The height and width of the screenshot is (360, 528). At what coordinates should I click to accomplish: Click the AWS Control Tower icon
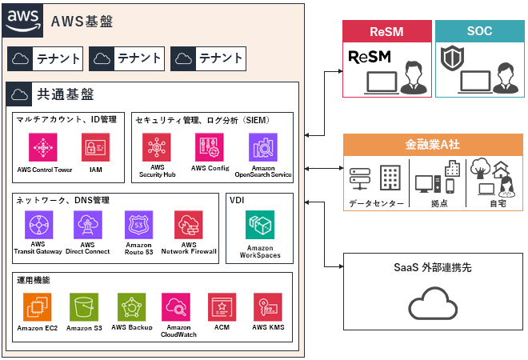coord(42,147)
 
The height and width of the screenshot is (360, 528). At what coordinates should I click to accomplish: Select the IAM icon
coord(96,147)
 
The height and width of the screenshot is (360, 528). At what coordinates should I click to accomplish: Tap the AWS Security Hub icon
coord(156,147)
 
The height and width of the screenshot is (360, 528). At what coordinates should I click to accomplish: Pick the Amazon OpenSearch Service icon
coord(263,147)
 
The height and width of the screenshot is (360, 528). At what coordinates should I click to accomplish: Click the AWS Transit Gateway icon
coord(38,225)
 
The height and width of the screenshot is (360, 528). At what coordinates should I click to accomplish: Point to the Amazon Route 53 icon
coord(138,225)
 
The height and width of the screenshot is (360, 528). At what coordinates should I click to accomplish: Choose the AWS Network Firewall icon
coord(189,225)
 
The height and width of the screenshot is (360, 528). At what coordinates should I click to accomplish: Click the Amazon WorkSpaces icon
coord(260,225)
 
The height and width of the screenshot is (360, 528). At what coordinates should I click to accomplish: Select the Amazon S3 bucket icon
coord(84,306)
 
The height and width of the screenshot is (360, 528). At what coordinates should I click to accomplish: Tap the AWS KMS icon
coord(268,306)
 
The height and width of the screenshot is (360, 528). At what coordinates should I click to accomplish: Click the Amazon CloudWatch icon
coord(176,306)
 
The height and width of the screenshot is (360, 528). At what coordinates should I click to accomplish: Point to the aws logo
coord(22,20)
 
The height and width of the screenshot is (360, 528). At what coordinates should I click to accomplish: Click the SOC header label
coord(479,31)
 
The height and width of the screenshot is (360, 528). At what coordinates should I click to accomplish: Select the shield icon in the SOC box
coord(452,58)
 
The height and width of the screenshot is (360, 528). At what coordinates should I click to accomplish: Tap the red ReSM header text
coord(386,32)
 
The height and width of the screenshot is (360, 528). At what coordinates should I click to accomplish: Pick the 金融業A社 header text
coord(433,145)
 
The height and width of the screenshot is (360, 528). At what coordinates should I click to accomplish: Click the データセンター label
coord(376,203)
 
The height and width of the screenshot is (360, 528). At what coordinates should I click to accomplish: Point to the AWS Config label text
coord(210,168)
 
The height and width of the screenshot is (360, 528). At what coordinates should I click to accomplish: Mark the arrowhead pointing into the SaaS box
coord(341,266)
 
